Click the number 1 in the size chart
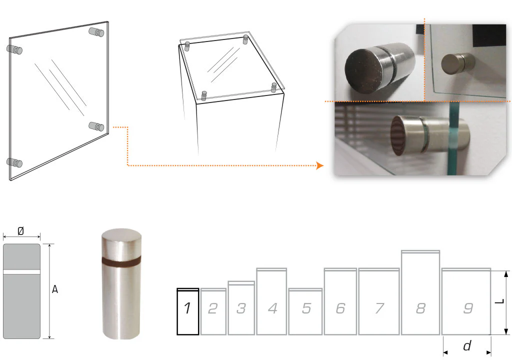click(x=187, y=308)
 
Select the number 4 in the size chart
click(x=272, y=308)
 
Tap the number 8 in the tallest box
click(x=420, y=308)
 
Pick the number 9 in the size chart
click(x=468, y=308)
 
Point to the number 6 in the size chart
click(x=340, y=308)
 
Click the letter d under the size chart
click(x=467, y=345)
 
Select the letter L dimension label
click(x=500, y=301)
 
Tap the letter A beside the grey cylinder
click(x=55, y=289)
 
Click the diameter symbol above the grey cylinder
click(x=20, y=231)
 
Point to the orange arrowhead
click(x=320, y=165)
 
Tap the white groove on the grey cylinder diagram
click(x=21, y=272)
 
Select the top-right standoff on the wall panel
click(x=96, y=32)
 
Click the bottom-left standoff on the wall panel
click(x=14, y=162)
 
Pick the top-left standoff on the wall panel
click(x=14, y=49)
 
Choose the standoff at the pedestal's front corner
click(x=204, y=95)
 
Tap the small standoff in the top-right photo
click(x=458, y=63)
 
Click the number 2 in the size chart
click(x=213, y=308)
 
